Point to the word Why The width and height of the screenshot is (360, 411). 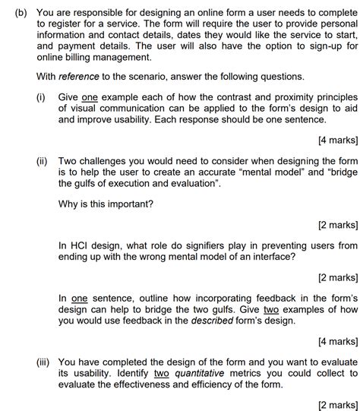(69, 204)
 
